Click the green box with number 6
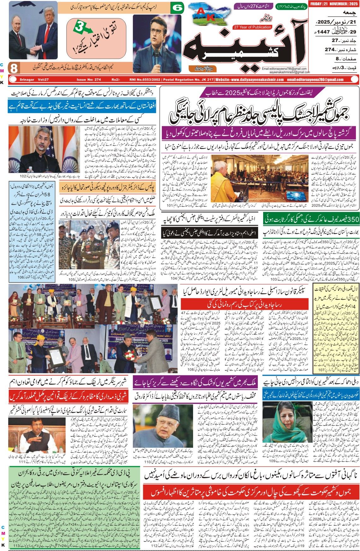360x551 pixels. point(177,8)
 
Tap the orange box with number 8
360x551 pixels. point(14,68)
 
